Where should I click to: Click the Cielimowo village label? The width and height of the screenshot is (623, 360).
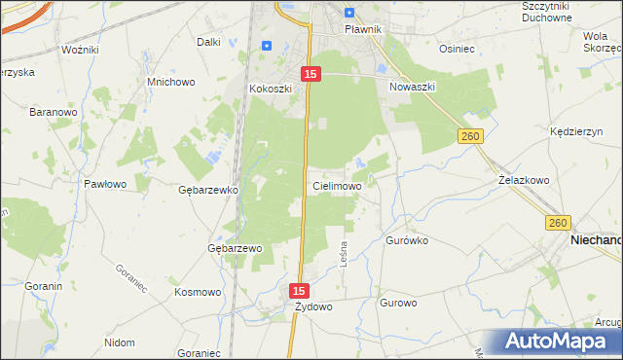pos(338,186)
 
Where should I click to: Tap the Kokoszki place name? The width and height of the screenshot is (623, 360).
pos(271,89)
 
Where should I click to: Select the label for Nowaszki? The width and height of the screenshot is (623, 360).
pos(412,87)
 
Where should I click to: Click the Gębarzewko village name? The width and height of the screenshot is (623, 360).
pos(209,190)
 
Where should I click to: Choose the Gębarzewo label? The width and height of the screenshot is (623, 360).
pos(236,248)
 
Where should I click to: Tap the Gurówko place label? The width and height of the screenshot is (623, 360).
pos(407,239)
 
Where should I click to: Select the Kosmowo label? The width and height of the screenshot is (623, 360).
pos(198,292)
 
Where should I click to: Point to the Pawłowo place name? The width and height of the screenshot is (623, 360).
pos(105,183)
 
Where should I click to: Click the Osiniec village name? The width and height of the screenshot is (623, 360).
pos(457,49)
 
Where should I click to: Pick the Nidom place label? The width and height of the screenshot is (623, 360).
pos(119,342)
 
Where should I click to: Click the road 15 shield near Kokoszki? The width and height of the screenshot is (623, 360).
pos(310,74)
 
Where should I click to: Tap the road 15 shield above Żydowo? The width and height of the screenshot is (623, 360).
pos(300,291)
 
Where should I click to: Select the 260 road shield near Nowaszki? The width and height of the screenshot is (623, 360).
pos(471,138)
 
